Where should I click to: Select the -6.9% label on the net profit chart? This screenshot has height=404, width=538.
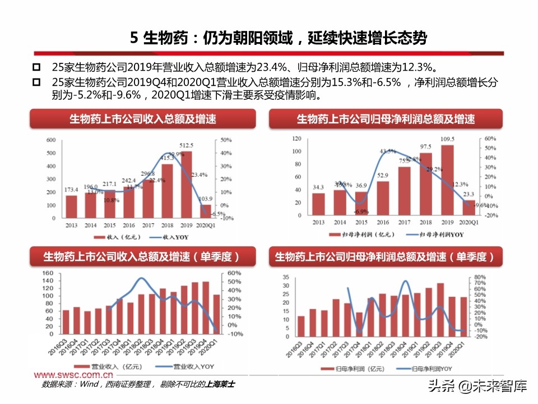coord(361,212)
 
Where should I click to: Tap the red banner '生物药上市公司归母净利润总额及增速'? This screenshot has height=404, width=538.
coord(386,119)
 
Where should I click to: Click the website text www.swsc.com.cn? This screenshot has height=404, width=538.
coord(73,374)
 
